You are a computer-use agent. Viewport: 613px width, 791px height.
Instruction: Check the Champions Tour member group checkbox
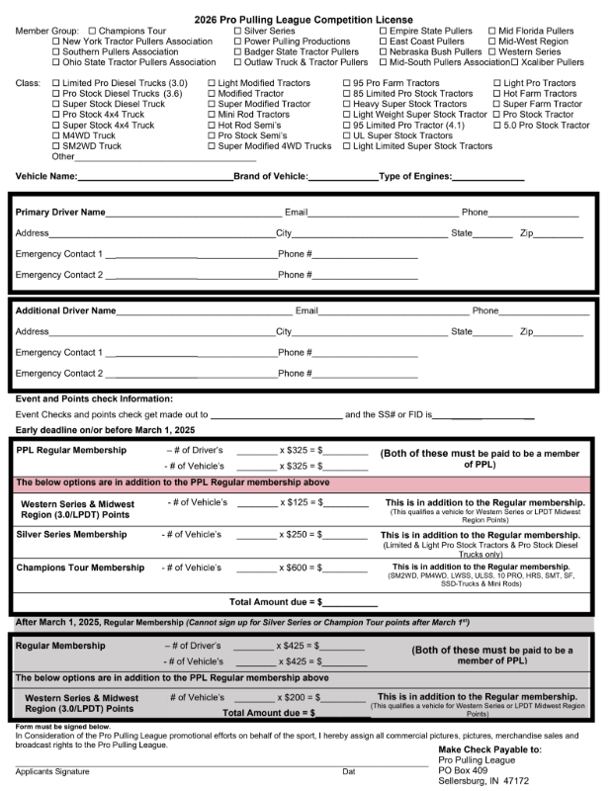[x=92, y=32]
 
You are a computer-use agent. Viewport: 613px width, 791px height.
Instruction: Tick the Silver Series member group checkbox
[x=237, y=32]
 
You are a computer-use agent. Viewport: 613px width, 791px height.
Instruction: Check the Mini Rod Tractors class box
[x=212, y=115]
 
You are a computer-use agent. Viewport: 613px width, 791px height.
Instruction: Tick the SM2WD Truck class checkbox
[x=55, y=145]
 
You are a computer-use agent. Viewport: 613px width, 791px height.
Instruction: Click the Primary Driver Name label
[x=60, y=213]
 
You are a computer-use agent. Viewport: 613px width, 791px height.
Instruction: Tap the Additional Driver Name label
[x=65, y=310]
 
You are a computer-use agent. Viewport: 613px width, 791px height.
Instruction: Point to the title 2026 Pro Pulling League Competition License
[x=306, y=19]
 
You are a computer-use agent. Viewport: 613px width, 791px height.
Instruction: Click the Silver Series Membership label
[x=71, y=534]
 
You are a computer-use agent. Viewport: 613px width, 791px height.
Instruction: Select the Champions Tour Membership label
[x=80, y=568]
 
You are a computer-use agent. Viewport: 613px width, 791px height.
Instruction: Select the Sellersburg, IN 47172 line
[x=483, y=780]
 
